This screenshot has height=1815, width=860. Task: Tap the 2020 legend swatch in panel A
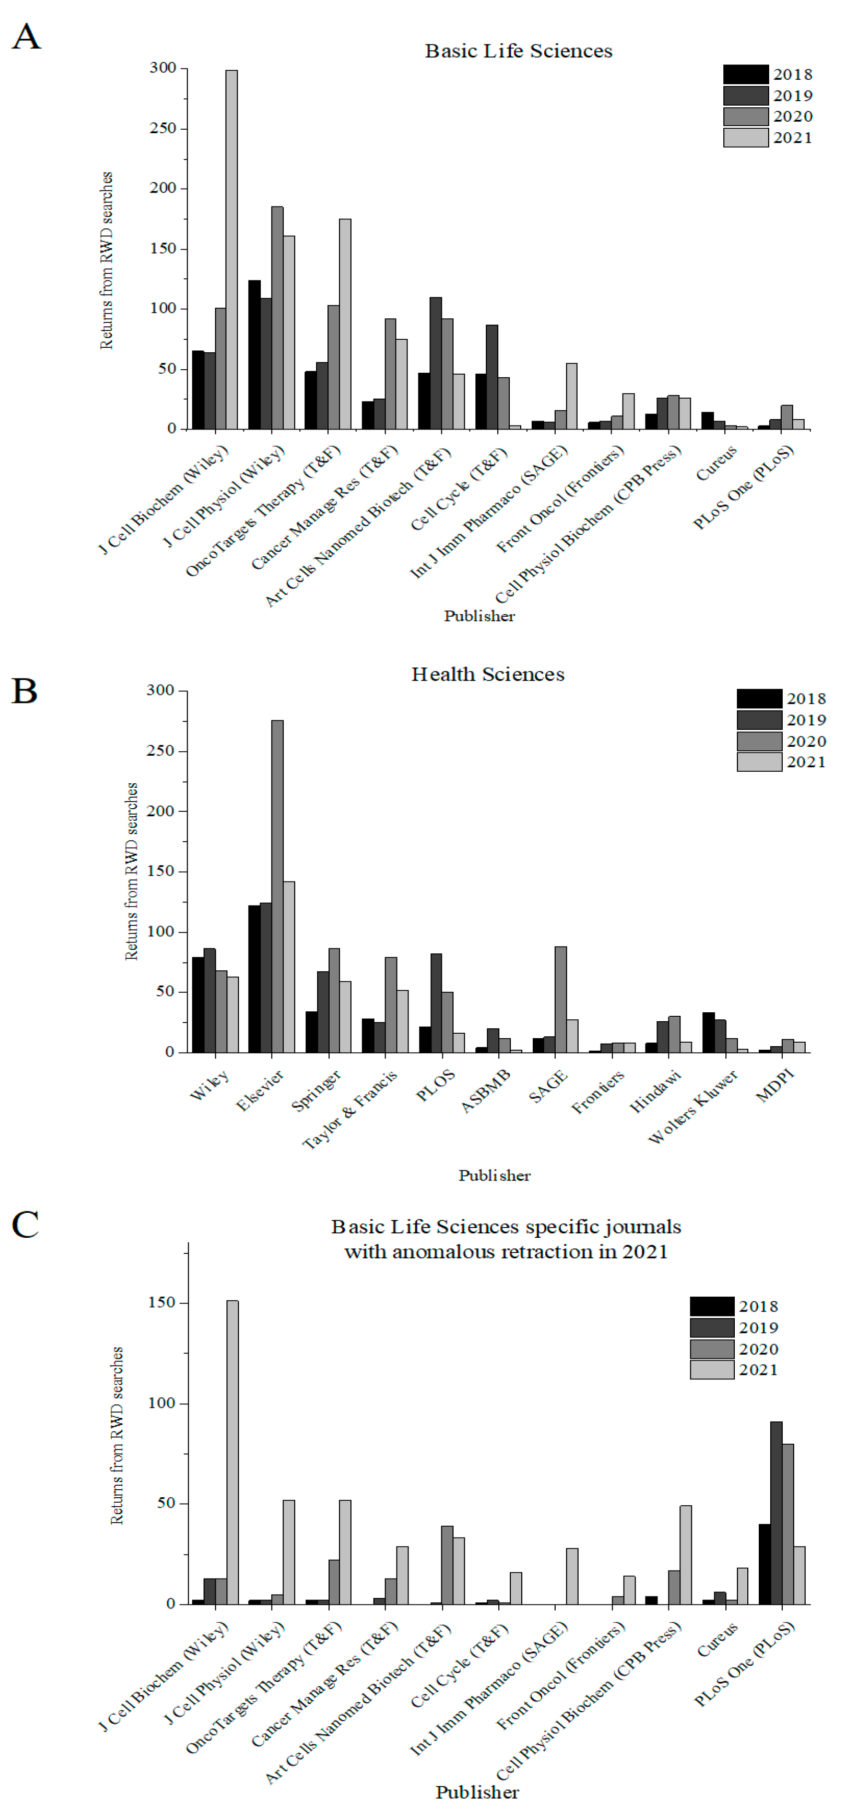tap(745, 116)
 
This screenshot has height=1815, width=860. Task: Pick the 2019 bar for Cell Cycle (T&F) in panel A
tap(492, 377)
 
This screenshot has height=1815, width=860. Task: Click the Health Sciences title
tap(487, 675)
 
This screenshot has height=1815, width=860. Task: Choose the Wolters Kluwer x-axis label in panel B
tap(692, 1106)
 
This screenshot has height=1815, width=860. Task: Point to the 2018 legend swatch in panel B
tap(759, 698)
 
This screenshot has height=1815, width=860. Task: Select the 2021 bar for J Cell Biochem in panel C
tap(232, 1451)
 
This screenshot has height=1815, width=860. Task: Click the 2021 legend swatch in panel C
tap(711, 1369)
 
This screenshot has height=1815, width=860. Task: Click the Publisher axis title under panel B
tap(494, 1175)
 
